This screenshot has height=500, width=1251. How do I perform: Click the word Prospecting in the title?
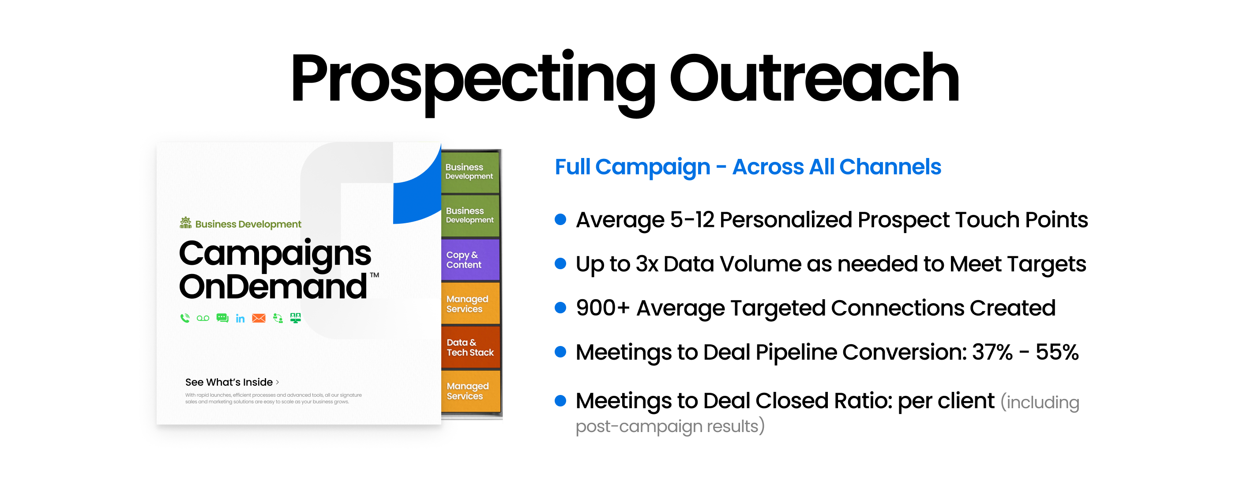pos(473,82)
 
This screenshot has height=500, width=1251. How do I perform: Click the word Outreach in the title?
pos(815,78)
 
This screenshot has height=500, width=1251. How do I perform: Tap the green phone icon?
pos(185,318)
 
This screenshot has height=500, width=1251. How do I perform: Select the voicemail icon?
pos(203,318)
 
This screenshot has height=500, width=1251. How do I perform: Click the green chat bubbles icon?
pos(222,318)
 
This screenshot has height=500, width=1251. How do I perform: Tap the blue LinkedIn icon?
pos(240,318)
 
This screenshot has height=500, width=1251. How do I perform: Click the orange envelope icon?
pos(259,318)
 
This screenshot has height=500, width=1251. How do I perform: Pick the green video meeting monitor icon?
pos(295,318)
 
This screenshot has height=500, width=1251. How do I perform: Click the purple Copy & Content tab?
pos(470,260)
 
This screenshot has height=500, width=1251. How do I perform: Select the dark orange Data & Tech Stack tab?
pos(470,347)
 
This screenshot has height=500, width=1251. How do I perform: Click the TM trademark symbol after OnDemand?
pos(375,275)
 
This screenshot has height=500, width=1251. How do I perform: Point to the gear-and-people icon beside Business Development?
pos(185,222)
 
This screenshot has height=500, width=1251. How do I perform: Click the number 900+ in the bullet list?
pos(603,308)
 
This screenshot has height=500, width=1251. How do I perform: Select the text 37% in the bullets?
pos(992,352)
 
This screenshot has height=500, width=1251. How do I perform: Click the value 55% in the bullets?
pos(1057,352)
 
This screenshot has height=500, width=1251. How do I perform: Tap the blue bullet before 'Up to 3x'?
pos(560,264)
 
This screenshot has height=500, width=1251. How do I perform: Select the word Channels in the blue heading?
pos(890,167)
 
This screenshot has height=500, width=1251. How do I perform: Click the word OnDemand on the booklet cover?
pos(273,286)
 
